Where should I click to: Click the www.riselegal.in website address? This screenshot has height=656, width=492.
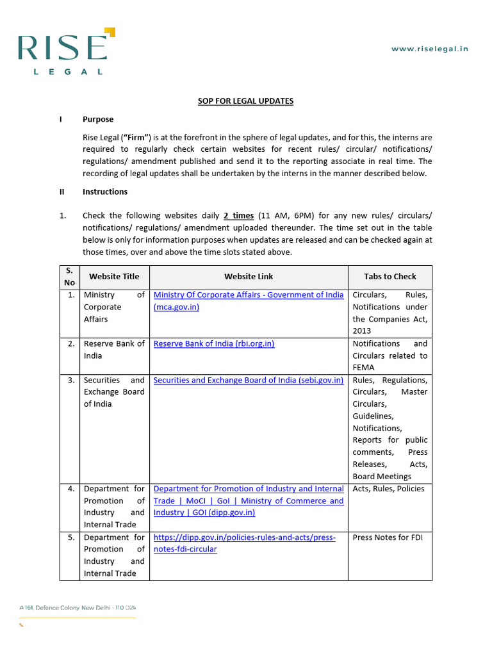click(429, 49)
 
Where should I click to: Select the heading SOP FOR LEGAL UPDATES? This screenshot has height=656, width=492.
click(245, 101)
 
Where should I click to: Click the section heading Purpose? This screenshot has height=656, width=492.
click(98, 119)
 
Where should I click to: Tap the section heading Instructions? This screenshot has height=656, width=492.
click(105, 192)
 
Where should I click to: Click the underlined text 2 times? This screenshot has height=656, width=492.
click(238, 216)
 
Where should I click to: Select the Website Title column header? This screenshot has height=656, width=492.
click(114, 277)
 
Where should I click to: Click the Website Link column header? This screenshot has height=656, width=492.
click(249, 277)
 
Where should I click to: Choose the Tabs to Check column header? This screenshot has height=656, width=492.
click(389, 277)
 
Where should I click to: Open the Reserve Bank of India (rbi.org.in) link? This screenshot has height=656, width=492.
click(214, 344)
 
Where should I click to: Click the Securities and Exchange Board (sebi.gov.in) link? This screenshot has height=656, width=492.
click(249, 381)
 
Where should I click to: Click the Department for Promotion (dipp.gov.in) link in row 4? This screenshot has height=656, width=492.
click(249, 500)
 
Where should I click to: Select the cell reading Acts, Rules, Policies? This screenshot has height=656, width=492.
click(388, 489)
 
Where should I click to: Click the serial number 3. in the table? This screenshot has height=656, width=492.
click(70, 381)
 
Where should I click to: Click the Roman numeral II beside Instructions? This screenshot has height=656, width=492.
click(62, 192)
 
